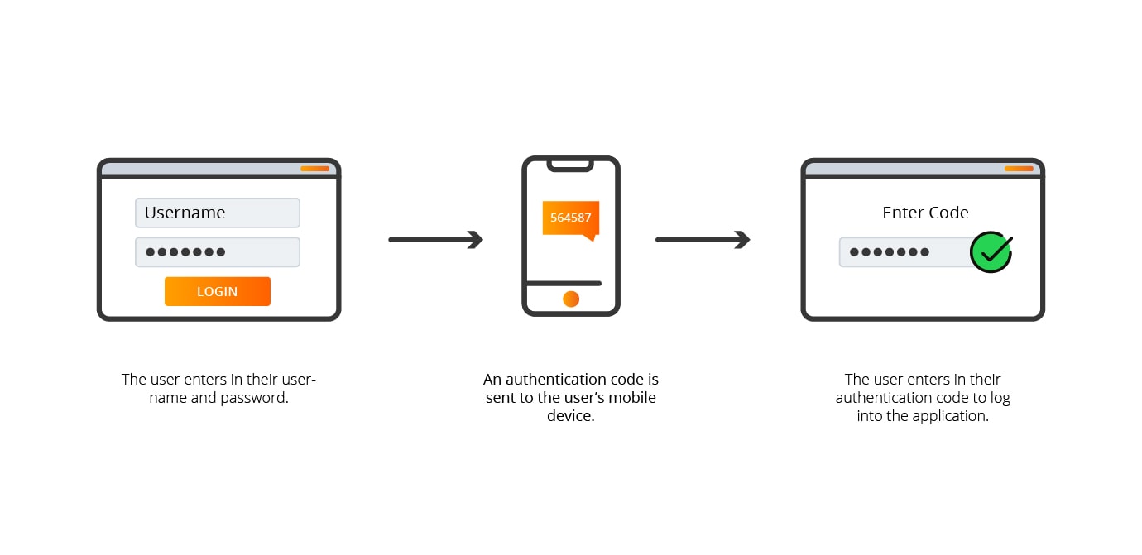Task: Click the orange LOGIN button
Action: pyautogui.click(x=217, y=291)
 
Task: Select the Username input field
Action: pyautogui.click(x=217, y=213)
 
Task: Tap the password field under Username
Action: pyautogui.click(x=217, y=252)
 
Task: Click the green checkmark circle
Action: pyautogui.click(x=991, y=252)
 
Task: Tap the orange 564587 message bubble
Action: pyautogui.click(x=570, y=218)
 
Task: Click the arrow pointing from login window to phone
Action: pyautogui.click(x=435, y=240)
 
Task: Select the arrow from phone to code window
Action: pyautogui.click(x=703, y=240)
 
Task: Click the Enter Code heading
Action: pyautogui.click(x=925, y=213)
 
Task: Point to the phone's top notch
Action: pyautogui.click(x=570, y=165)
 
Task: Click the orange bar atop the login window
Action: pyautogui.click(x=314, y=169)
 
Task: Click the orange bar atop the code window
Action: pyautogui.click(x=1019, y=169)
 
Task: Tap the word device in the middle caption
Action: pyautogui.click(x=570, y=416)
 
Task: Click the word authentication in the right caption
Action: pyautogui.click(x=885, y=398)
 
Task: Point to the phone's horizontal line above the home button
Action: pyautogui.click(x=564, y=284)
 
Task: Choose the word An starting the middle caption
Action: pyautogui.click(x=492, y=380)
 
